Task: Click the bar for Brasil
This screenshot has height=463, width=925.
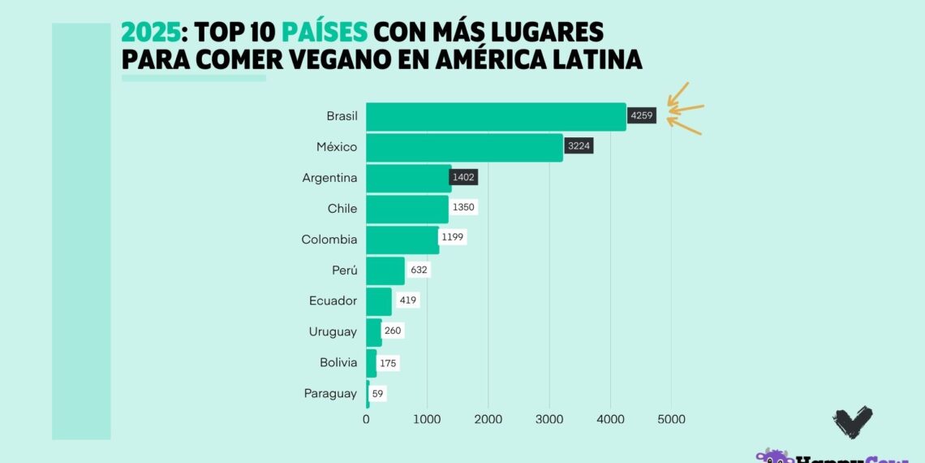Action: tap(496, 117)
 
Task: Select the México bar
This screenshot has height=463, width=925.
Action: tap(464, 148)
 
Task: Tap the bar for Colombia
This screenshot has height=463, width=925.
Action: tap(402, 240)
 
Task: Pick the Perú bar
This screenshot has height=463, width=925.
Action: tap(385, 270)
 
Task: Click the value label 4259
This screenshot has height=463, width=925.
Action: tap(641, 116)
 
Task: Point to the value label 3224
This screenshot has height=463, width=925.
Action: tap(578, 147)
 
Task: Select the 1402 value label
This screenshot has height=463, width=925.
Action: tap(465, 177)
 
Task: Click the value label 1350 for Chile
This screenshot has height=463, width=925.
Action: tap(464, 208)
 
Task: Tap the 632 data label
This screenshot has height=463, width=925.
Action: tap(419, 270)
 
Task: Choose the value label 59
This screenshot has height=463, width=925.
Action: tap(377, 393)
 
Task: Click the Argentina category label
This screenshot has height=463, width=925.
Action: tap(329, 178)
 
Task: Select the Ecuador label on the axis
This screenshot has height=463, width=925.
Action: tap(333, 301)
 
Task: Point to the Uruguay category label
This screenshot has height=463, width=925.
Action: tap(333, 331)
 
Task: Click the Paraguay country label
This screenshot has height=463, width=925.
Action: tap(330, 393)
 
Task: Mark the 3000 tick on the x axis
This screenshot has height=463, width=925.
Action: tap(549, 419)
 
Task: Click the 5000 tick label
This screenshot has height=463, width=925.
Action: tap(671, 419)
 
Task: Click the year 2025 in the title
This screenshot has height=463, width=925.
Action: tap(149, 32)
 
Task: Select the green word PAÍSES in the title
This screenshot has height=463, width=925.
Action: tap(325, 32)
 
